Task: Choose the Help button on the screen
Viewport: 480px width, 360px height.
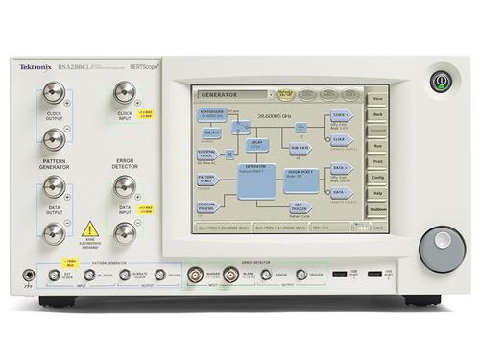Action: pyautogui.click(x=376, y=194)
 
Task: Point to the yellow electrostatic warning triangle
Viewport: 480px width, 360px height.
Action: pyautogui.click(x=89, y=229)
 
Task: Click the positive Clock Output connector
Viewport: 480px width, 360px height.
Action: pyautogui.click(x=55, y=93)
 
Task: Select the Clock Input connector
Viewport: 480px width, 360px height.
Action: pyautogui.click(x=124, y=93)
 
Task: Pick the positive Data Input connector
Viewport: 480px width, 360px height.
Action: pyautogui.click(x=124, y=185)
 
